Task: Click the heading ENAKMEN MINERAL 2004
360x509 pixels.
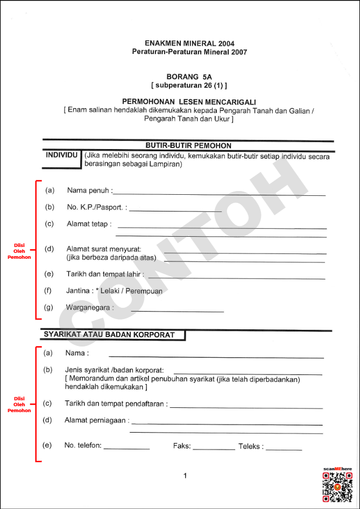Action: coord(189,43)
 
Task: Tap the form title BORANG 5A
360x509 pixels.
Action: coord(189,77)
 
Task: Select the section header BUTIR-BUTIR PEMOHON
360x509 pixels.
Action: coord(188,145)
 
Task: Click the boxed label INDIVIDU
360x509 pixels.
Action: coord(61,155)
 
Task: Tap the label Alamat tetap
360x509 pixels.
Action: coord(89,224)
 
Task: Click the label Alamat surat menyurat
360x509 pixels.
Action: coord(104,249)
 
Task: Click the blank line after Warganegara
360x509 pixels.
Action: coord(177,311)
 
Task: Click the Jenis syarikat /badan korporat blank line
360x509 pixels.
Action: coord(248,373)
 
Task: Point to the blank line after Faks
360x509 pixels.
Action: coord(214,449)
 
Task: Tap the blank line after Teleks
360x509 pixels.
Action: coord(284,449)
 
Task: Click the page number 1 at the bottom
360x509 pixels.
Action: coord(185,476)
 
